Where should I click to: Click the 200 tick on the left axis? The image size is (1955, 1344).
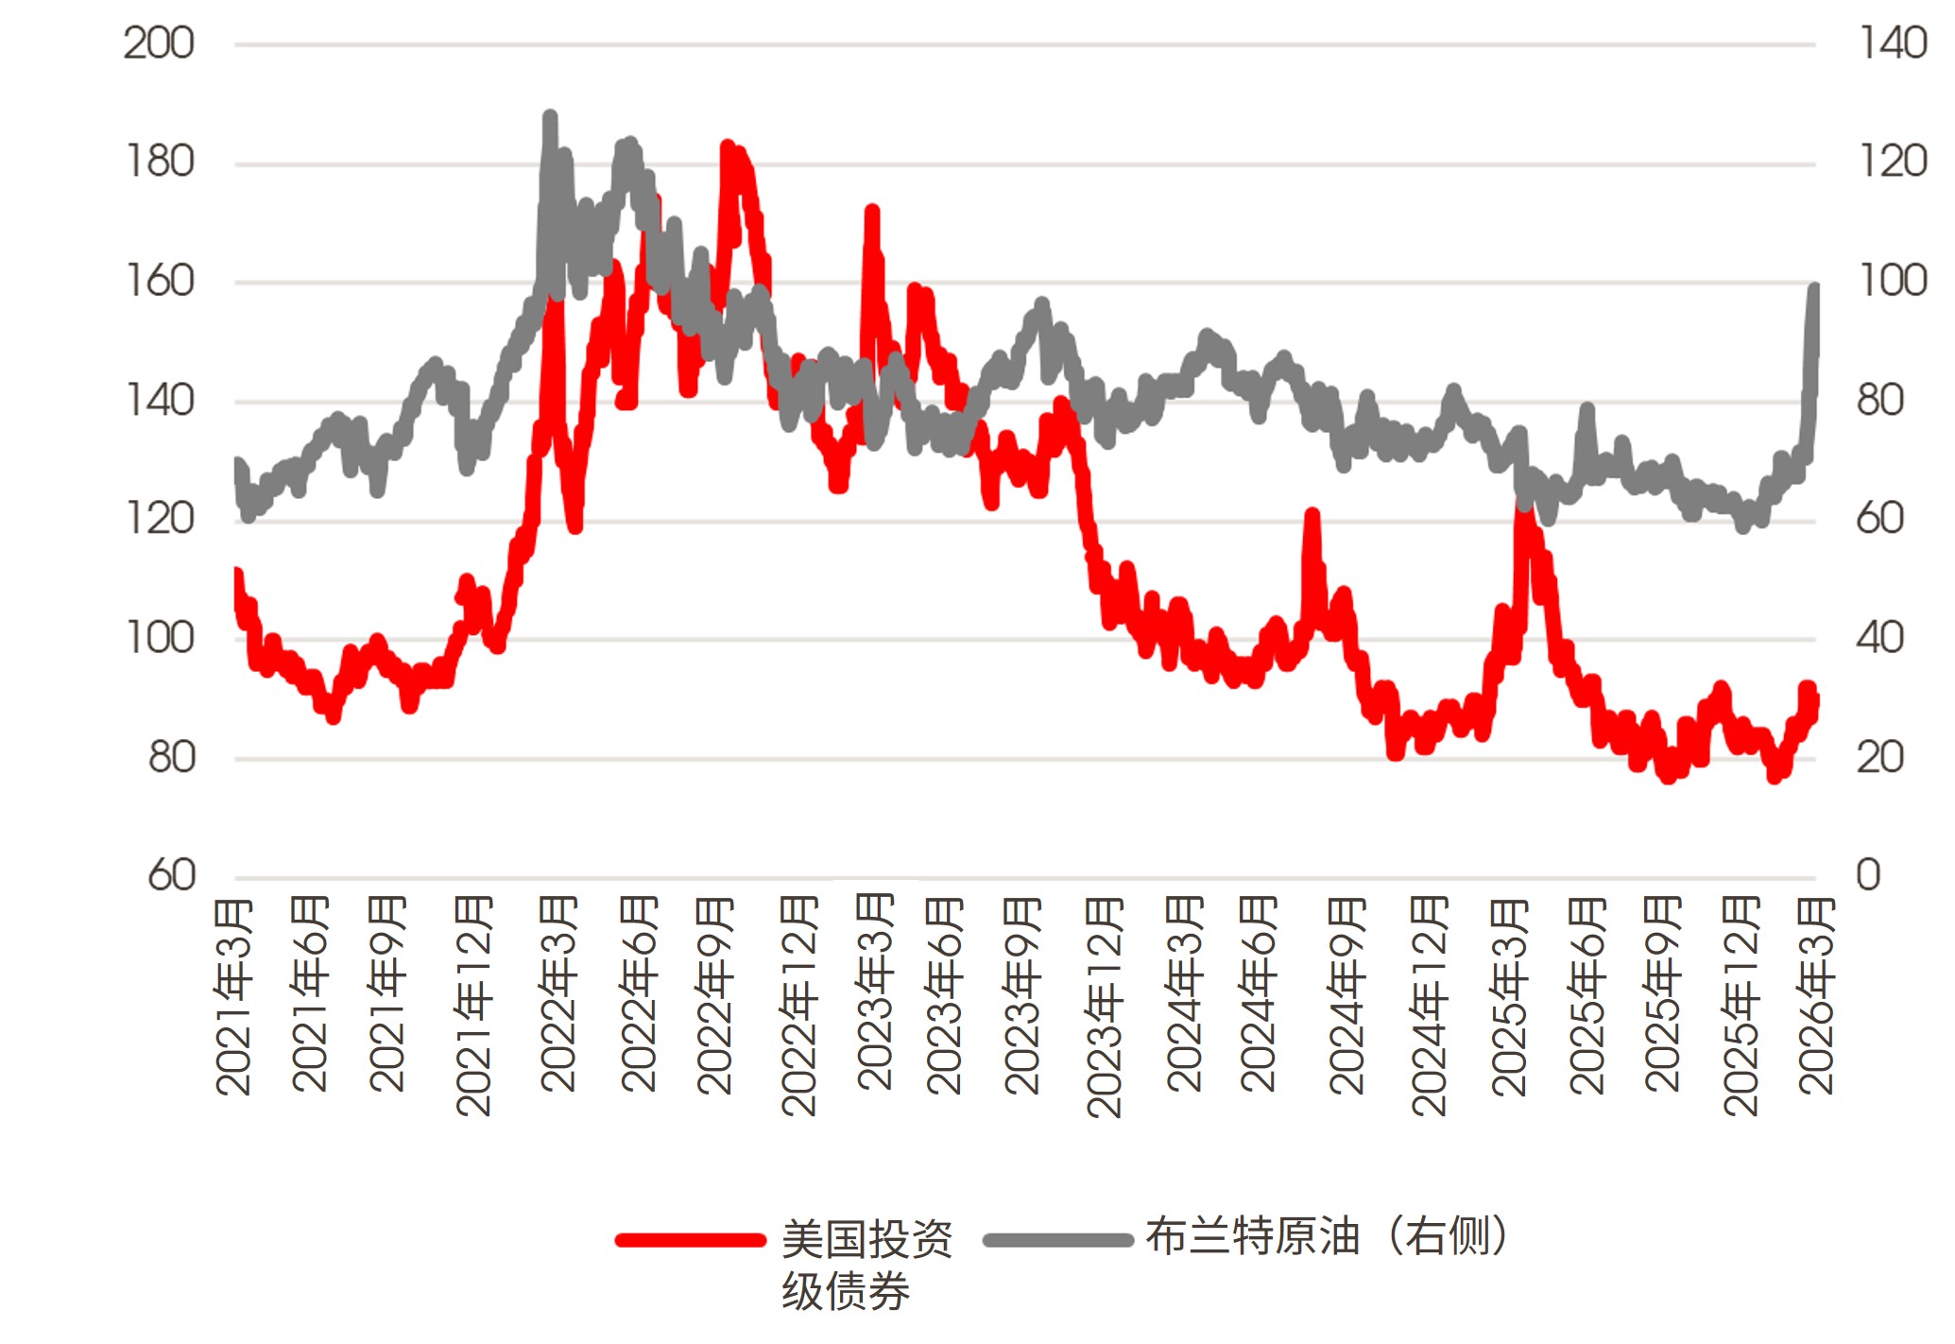(x=159, y=43)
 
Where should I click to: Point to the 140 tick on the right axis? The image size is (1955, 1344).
(x=1893, y=43)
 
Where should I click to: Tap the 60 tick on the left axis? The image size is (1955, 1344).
(x=171, y=875)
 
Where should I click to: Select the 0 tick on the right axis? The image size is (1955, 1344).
(x=1868, y=875)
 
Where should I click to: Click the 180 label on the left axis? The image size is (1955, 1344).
(x=159, y=163)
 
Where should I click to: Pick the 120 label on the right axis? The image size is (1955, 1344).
(x=1893, y=163)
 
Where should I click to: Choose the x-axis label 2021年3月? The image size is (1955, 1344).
(x=233, y=997)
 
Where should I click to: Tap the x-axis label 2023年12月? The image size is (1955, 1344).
(x=1104, y=1007)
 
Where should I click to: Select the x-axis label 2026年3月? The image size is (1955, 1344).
(x=1816, y=997)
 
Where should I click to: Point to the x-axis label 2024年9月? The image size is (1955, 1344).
(x=1346, y=997)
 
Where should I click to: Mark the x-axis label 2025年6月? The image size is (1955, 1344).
(x=1587, y=997)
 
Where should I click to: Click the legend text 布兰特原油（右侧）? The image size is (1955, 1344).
(x=1327, y=1236)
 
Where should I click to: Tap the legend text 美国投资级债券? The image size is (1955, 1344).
(x=866, y=1265)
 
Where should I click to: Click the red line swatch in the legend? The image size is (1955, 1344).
(x=690, y=1240)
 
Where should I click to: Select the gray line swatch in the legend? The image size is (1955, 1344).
(x=1057, y=1240)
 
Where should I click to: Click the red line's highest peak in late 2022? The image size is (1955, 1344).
(x=727, y=147)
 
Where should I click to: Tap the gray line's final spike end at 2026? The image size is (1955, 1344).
(x=1814, y=287)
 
